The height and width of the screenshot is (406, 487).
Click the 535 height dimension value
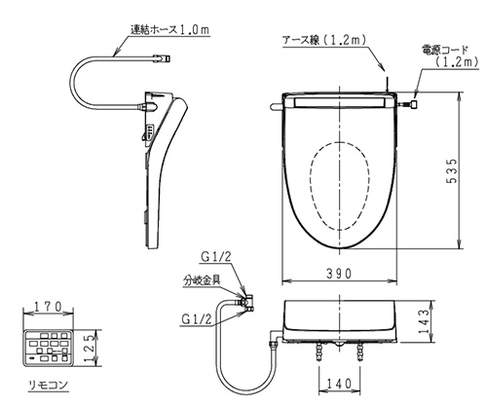point(452,171)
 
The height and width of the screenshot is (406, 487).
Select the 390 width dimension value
point(339,274)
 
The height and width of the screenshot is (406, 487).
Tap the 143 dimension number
point(424,321)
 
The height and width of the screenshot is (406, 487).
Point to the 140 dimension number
point(339,384)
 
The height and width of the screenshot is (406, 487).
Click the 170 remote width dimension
point(48,307)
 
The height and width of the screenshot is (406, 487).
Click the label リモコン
point(49,385)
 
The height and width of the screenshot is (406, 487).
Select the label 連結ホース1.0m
point(169,29)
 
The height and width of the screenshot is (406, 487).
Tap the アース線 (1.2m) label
point(324,40)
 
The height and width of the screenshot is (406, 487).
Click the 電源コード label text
point(445,50)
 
